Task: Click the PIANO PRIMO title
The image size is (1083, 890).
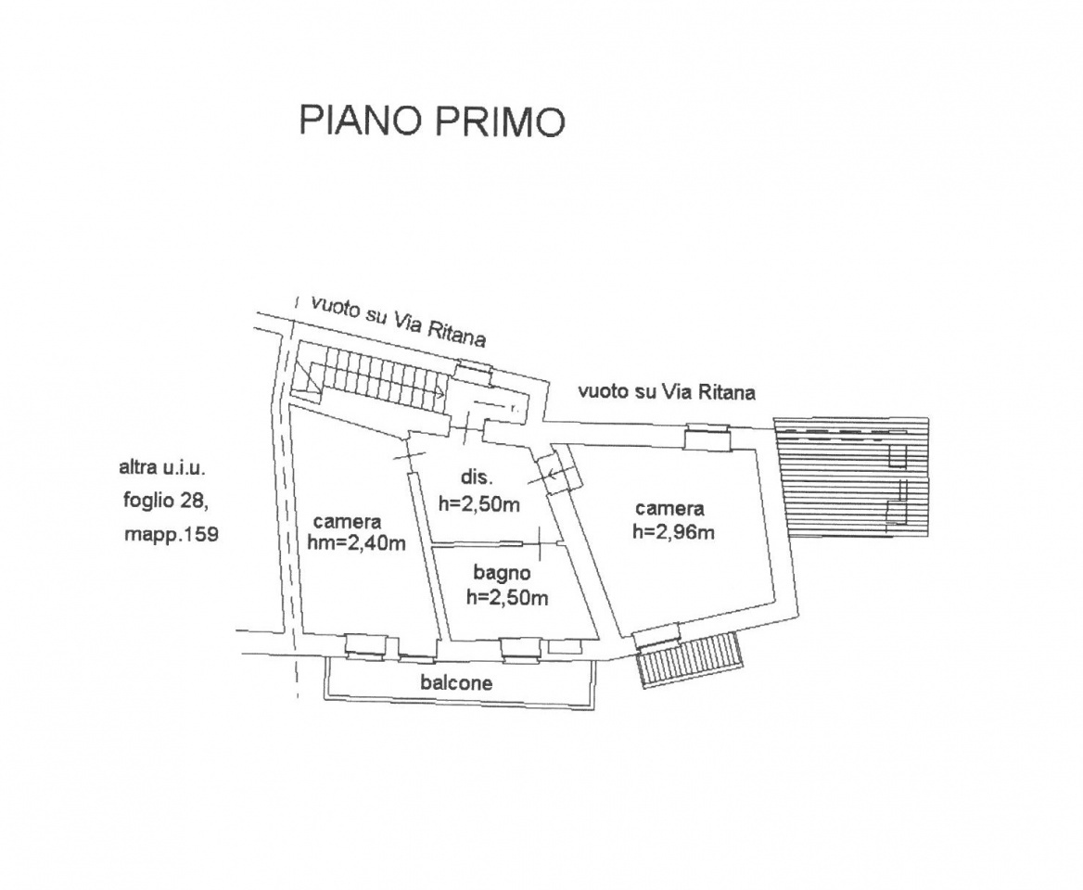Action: pyautogui.click(x=431, y=121)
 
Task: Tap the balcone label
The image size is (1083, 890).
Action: pyautogui.click(x=456, y=683)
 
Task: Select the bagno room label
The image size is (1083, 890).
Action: pyautogui.click(x=502, y=574)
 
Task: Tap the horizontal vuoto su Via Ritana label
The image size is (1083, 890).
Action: pyautogui.click(x=667, y=391)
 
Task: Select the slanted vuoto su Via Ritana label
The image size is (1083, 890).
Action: pyautogui.click(x=399, y=321)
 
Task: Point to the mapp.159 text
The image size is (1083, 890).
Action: pyautogui.click(x=170, y=535)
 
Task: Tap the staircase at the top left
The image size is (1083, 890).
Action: pyautogui.click(x=376, y=381)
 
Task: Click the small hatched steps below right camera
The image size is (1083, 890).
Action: pyautogui.click(x=690, y=659)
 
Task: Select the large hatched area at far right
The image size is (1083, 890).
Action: pyautogui.click(x=851, y=476)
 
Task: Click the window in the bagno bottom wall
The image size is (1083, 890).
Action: pyautogui.click(x=519, y=648)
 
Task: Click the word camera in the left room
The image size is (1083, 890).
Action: pyautogui.click(x=347, y=522)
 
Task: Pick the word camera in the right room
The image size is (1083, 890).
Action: pyautogui.click(x=669, y=509)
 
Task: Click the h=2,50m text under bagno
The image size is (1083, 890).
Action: pyautogui.click(x=507, y=598)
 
